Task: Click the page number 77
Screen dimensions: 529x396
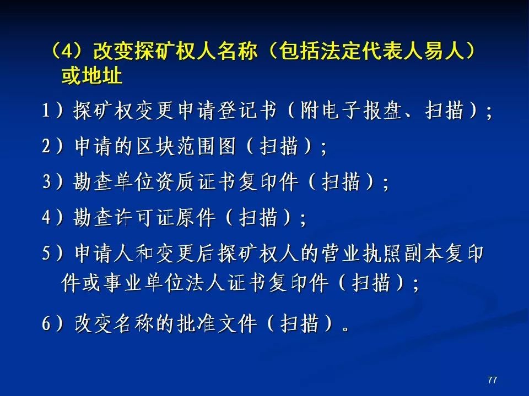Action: click(492, 380)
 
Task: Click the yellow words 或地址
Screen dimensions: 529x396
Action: click(91, 75)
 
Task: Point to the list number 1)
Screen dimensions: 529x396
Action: click(52, 110)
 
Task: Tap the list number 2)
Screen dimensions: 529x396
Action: click(52, 146)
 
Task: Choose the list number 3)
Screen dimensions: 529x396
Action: click(52, 182)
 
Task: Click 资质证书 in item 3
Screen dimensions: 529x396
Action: click(196, 182)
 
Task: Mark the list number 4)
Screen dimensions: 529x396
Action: click(52, 217)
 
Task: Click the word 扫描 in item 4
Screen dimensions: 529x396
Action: click(258, 217)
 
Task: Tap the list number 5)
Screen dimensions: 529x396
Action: click(52, 253)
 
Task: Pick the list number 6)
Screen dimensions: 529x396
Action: click(52, 323)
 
